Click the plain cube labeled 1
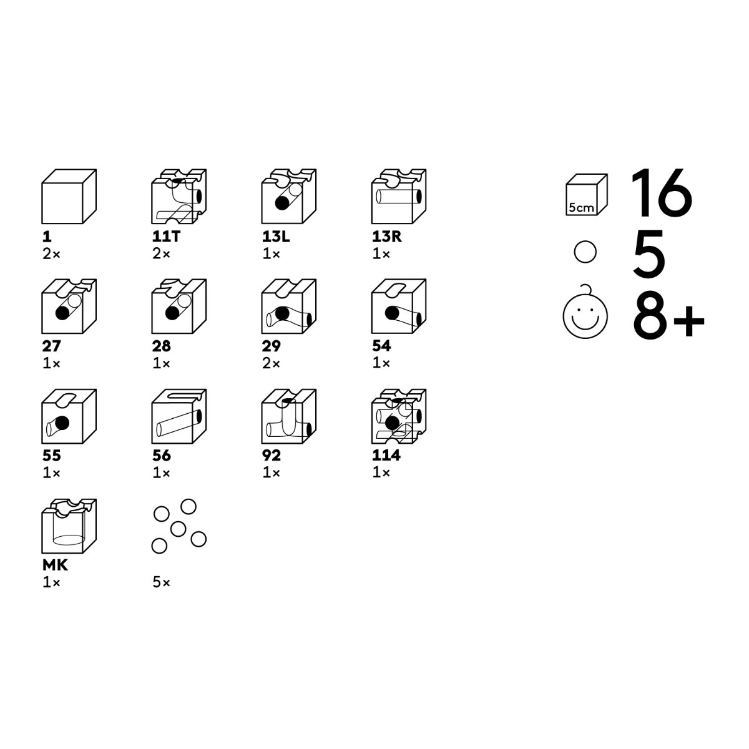(69, 196)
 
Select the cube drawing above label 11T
(179, 196)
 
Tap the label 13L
(276, 237)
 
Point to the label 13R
(387, 237)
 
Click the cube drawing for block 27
(69, 306)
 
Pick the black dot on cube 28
(172, 313)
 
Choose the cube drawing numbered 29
(289, 306)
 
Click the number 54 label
(381, 346)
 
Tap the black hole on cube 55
(62, 423)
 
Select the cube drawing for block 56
(179, 416)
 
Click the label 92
(272, 456)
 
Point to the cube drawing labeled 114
(399, 416)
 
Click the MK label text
(55, 565)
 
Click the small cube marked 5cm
(587, 194)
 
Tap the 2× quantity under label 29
(272, 364)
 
